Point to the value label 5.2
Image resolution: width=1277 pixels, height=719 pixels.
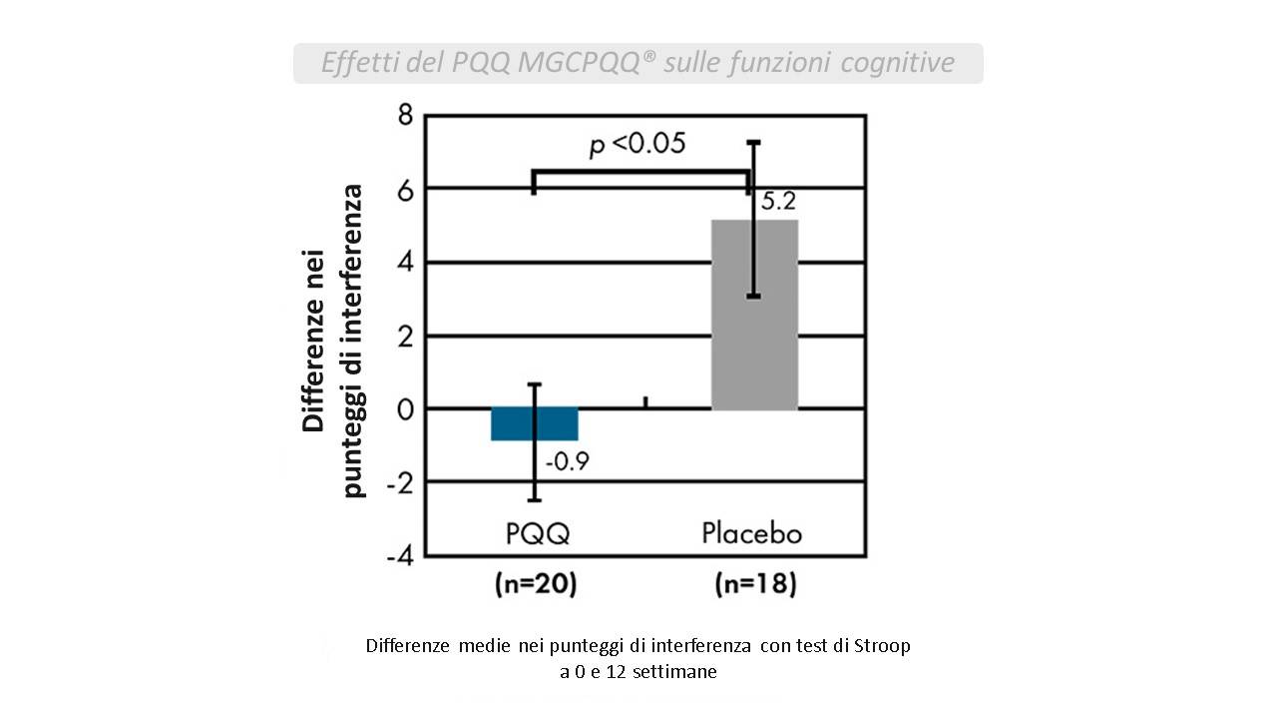(778, 202)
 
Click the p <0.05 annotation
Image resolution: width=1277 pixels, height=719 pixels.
(637, 145)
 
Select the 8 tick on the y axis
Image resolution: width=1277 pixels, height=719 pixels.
(404, 116)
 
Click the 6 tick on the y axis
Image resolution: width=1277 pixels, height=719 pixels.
(404, 189)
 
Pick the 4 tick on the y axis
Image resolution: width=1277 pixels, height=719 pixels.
(404, 263)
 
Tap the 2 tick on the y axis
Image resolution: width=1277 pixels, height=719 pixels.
(404, 336)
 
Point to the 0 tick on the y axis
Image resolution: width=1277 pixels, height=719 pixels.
(404, 408)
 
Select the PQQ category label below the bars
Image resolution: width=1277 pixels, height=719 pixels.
(537, 533)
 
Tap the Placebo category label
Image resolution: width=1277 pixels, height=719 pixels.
(751, 532)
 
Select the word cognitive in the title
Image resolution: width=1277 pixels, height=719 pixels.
(898, 63)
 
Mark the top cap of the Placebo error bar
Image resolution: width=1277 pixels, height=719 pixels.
(754, 142)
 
